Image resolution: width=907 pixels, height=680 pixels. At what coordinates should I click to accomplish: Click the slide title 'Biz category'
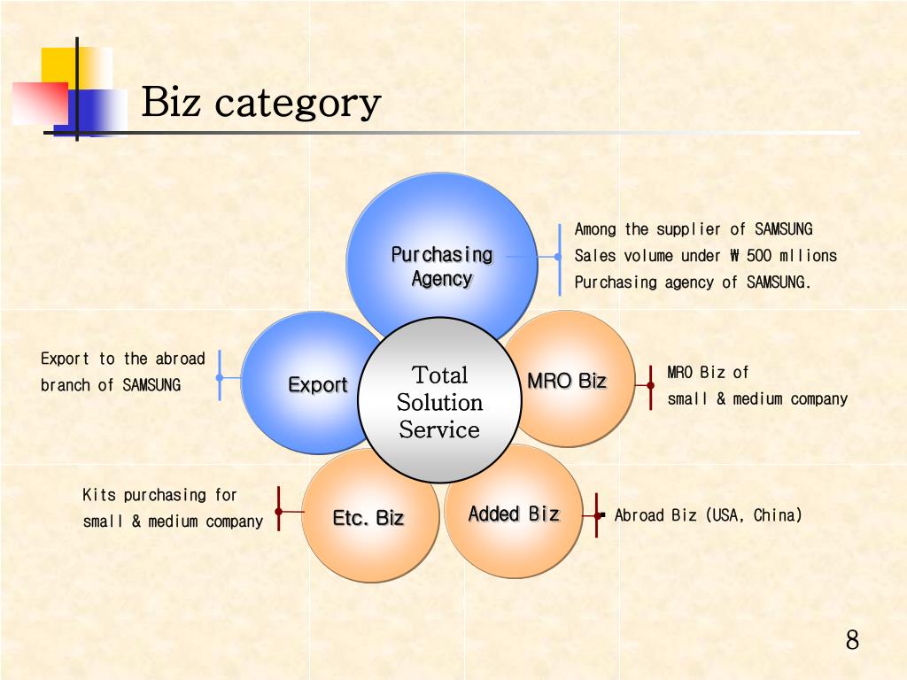pyautogui.click(x=261, y=103)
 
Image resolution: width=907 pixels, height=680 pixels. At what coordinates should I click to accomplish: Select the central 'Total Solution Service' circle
pyautogui.click(x=439, y=403)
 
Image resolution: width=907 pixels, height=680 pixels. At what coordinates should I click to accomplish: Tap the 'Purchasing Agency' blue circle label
pyautogui.click(x=442, y=266)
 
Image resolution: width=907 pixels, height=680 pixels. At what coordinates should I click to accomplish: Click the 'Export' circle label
pyautogui.click(x=317, y=385)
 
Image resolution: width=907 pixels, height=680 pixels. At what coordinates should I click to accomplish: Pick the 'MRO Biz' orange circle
pyautogui.click(x=567, y=381)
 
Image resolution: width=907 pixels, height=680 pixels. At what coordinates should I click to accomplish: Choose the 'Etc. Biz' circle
pyautogui.click(x=368, y=518)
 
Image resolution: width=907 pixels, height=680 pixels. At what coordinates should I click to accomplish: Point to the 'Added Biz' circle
pyautogui.click(x=514, y=514)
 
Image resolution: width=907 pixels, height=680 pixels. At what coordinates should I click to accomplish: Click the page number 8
pyautogui.click(x=852, y=640)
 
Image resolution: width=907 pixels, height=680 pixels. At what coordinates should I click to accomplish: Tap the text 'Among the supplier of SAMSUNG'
pyautogui.click(x=694, y=229)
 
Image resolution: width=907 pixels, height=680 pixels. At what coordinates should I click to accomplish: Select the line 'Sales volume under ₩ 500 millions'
pyautogui.click(x=705, y=256)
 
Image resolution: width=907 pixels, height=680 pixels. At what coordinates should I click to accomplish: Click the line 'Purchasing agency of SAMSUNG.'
pyautogui.click(x=693, y=282)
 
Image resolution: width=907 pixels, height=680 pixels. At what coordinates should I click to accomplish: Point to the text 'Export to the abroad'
pyautogui.click(x=122, y=359)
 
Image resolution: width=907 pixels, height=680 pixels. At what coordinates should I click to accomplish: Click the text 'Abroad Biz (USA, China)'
pyautogui.click(x=708, y=515)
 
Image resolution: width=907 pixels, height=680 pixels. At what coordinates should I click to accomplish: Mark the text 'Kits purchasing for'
pyautogui.click(x=159, y=495)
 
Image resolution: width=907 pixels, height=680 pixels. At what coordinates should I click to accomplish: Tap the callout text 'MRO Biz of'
pyautogui.click(x=708, y=372)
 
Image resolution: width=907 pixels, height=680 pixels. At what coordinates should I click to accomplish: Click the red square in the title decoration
pyautogui.click(x=39, y=103)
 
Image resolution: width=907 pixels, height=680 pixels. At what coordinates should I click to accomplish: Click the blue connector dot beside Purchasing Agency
pyautogui.click(x=558, y=257)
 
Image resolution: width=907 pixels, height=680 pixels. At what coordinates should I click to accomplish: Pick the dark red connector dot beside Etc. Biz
pyautogui.click(x=278, y=511)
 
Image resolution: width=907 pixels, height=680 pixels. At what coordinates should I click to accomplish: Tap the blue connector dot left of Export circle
pyautogui.click(x=220, y=377)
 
